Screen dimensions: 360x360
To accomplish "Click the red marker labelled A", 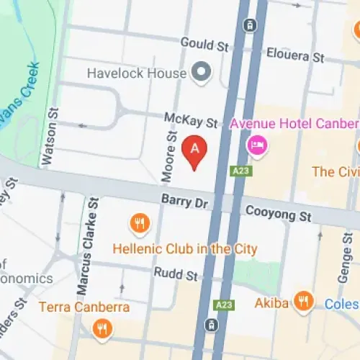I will [x=194, y=150].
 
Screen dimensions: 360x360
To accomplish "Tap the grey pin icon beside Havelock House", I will [x=202, y=72].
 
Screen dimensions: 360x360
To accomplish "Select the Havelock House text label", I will [x=137, y=73].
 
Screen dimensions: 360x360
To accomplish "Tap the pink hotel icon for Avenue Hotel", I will [x=256, y=148].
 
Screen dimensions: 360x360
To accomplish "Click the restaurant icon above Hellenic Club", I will [x=139, y=224].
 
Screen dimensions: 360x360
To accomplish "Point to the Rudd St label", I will [x=175, y=274].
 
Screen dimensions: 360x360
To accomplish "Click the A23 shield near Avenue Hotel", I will [x=240, y=171].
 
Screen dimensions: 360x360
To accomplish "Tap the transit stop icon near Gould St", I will [x=250, y=25].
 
